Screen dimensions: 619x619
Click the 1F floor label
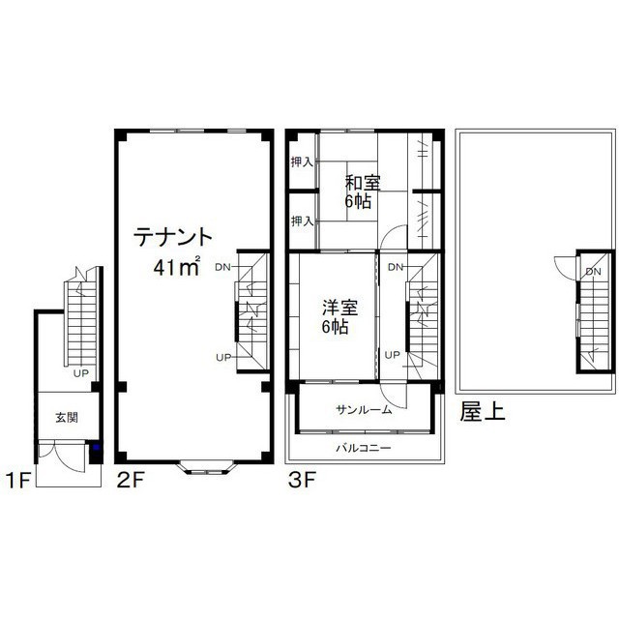(18, 481)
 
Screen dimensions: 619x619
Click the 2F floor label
(129, 481)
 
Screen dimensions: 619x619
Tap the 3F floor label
(302, 481)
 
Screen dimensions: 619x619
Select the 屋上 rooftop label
(482, 412)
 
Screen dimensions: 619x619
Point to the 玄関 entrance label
(67, 417)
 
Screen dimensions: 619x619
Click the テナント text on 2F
(173, 237)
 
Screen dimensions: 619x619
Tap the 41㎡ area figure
(177, 267)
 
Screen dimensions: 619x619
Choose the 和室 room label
(363, 183)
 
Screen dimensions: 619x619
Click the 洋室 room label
(339, 308)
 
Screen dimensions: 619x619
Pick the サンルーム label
(364, 410)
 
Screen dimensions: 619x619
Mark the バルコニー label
(364, 448)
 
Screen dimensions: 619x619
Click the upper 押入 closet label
(302, 162)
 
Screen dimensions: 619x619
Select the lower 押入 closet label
(302, 221)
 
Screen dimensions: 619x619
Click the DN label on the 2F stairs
(222, 267)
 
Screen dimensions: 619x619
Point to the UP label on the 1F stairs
(81, 373)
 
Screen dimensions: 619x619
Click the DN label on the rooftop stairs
(593, 272)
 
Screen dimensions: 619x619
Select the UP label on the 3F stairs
(392, 355)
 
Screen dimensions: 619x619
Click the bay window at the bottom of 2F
(206, 468)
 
